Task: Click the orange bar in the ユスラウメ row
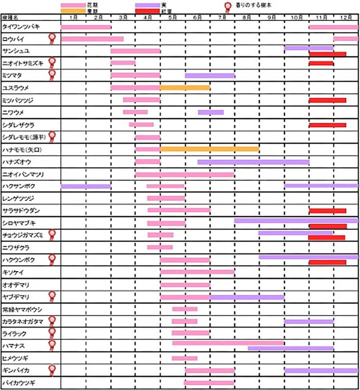pyautogui.click(x=185, y=87)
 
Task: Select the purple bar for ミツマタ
pyautogui.click(x=209, y=75)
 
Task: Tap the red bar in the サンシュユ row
pyautogui.click(x=327, y=54)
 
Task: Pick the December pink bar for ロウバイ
pyautogui.click(x=345, y=38)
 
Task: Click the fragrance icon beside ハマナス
pyautogui.click(x=51, y=345)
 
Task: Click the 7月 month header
pyautogui.click(x=221, y=17)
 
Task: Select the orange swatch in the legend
pyautogui.click(x=72, y=10)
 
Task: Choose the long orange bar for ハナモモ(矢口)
pyautogui.click(x=209, y=149)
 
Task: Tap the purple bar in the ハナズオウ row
pyautogui.click(x=253, y=161)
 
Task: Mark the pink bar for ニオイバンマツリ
pyautogui.click(x=184, y=174)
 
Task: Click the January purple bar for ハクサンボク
pyautogui.click(x=85, y=186)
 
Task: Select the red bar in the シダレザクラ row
pyautogui.click(x=327, y=124)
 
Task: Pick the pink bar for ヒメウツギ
pyautogui.click(x=184, y=358)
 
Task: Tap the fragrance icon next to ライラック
pyautogui.click(x=51, y=332)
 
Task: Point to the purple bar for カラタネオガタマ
pyautogui.click(x=308, y=321)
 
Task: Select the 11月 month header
pyautogui.click(x=320, y=17)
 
